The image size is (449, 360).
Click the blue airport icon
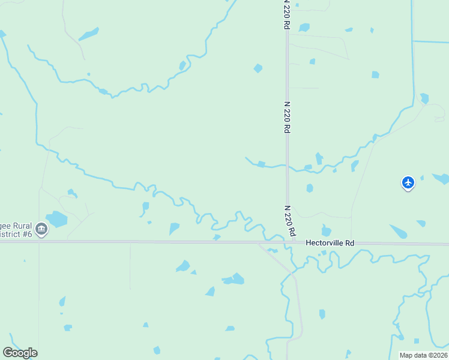(x=408, y=182)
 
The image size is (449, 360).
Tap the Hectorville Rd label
(x=330, y=243)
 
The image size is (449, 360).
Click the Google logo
(x=20, y=352)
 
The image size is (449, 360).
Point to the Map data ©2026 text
(x=423, y=355)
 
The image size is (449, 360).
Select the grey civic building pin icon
(x=41, y=229)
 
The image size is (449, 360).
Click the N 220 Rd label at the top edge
(x=287, y=15)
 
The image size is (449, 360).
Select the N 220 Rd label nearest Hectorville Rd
(x=290, y=221)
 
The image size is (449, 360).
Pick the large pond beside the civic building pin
(x=58, y=219)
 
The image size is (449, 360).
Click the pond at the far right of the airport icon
(x=441, y=178)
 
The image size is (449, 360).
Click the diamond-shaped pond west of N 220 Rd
(x=258, y=68)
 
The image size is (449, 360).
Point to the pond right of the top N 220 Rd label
(x=304, y=28)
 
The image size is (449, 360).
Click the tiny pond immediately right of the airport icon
(x=422, y=178)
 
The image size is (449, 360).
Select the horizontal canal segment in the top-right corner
(x=431, y=41)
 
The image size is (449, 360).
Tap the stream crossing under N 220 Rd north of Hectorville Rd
(x=288, y=166)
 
